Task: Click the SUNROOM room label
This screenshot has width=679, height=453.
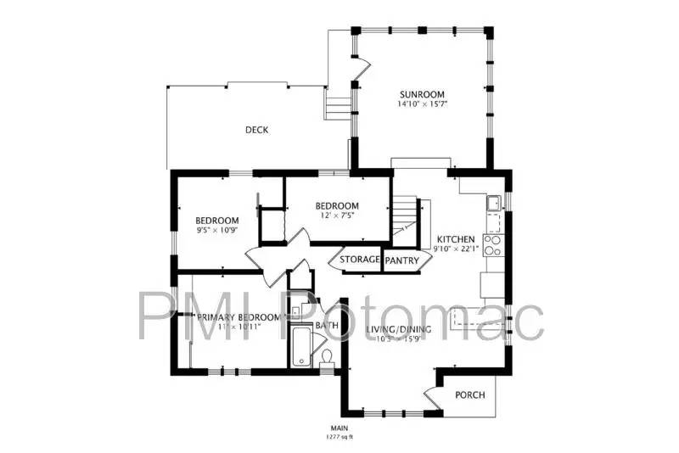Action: point(422,94)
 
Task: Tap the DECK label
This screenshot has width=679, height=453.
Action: point(256,130)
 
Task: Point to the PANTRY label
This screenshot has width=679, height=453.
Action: point(402,260)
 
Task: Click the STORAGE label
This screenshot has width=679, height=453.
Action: point(360,259)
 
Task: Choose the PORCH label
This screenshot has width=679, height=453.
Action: point(469,395)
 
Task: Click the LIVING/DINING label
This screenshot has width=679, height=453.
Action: point(399,329)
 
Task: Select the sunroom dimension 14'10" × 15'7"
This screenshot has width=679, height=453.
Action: point(422,104)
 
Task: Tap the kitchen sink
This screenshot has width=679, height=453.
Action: point(492,204)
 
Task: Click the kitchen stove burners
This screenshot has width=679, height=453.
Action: point(493,244)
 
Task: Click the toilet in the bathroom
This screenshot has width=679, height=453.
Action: point(327,358)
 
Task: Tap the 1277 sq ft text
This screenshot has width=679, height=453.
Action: point(339,438)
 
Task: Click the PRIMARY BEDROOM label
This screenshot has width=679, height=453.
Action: point(229,316)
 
